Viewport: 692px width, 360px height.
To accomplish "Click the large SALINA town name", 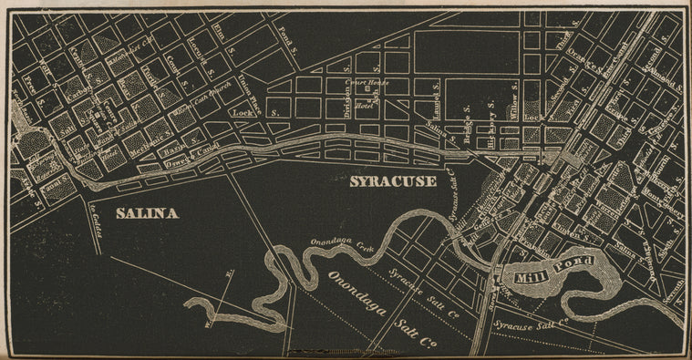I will point(146,214).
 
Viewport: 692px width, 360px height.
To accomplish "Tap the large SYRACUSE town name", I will point(393,181).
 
